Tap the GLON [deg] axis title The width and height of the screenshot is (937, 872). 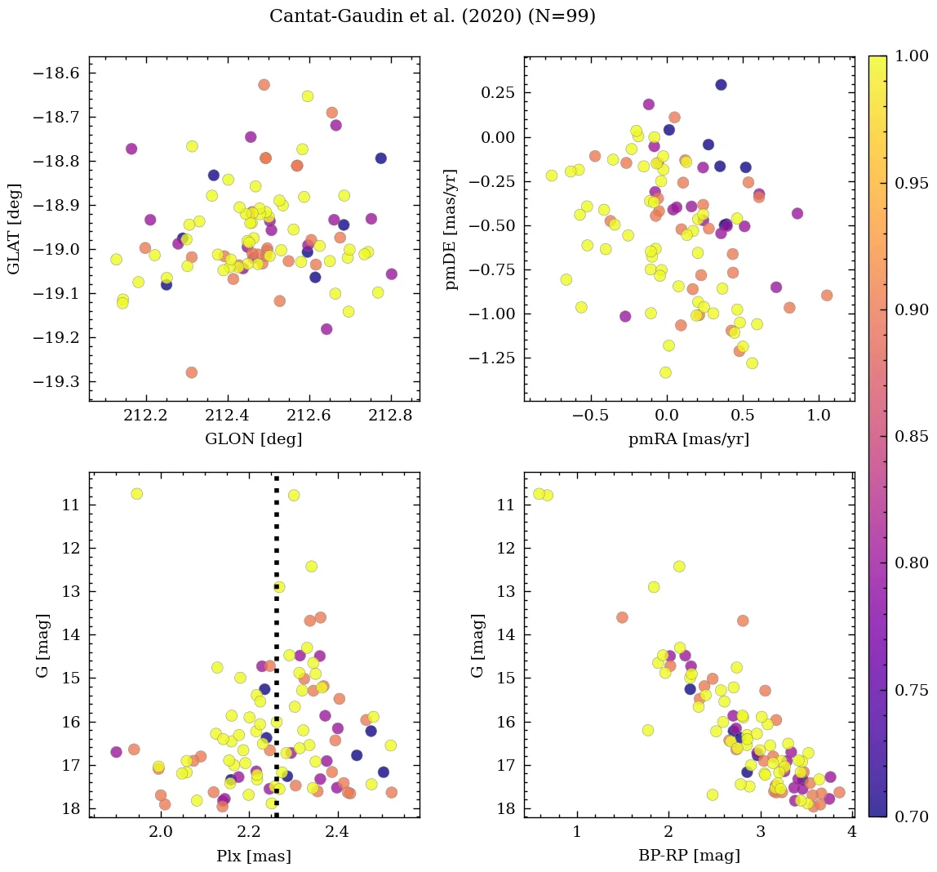[x=254, y=439]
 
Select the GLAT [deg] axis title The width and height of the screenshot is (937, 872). [x=14, y=229]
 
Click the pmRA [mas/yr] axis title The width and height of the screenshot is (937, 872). [x=689, y=439]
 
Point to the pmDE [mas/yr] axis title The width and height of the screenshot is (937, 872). [x=451, y=229]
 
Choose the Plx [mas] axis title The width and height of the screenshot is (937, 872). [x=254, y=856]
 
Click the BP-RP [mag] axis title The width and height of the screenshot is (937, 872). [x=689, y=856]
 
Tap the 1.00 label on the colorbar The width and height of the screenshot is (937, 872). [x=912, y=56]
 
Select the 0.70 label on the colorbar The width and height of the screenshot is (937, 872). [x=912, y=816]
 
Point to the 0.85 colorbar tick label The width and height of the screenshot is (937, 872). [x=912, y=437]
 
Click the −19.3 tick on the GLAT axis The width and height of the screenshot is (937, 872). [x=58, y=381]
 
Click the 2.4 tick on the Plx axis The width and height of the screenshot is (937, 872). [x=337, y=833]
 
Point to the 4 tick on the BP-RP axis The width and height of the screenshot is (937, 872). [x=851, y=833]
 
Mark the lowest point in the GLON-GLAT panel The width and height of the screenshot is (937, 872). [x=192, y=372]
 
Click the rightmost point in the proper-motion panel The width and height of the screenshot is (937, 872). [x=827, y=296]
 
